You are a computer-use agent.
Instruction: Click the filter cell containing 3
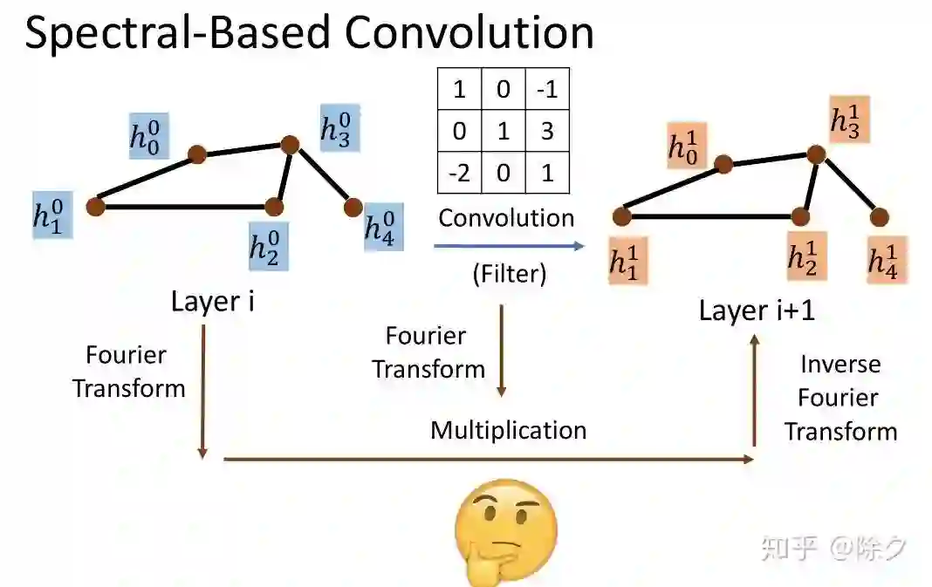pyautogui.click(x=547, y=131)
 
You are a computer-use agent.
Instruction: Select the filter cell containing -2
pyautogui.click(x=459, y=172)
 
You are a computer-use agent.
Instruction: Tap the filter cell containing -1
pyautogui.click(x=547, y=89)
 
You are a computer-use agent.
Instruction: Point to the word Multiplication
pyautogui.click(x=508, y=430)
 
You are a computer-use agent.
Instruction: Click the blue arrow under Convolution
pyautogui.click(x=509, y=247)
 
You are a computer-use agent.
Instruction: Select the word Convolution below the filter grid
pyautogui.click(x=506, y=218)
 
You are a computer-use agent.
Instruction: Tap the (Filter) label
pyautogui.click(x=509, y=275)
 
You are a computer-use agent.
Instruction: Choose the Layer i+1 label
pyautogui.click(x=757, y=311)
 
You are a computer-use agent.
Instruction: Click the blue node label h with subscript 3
pyautogui.click(x=339, y=129)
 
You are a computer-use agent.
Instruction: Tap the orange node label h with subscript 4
pyautogui.click(x=886, y=259)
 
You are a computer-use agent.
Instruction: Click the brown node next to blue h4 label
pyautogui.click(x=353, y=208)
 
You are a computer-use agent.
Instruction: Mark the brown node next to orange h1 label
pyautogui.click(x=622, y=216)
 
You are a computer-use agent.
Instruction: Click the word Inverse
pyautogui.click(x=840, y=365)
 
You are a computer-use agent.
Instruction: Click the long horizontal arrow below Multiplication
pyautogui.click(x=489, y=458)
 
